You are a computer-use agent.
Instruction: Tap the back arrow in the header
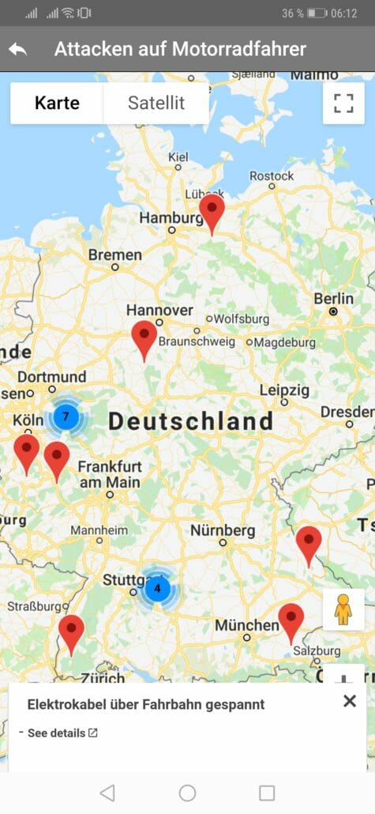pos(17,49)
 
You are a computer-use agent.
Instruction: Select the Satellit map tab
pos(156,104)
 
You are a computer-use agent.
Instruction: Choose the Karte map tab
pos(57,104)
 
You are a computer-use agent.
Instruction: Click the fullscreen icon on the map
pos(343,104)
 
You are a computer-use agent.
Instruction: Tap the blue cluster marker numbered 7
pos(66,416)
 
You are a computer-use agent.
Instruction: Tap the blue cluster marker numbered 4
pos(157,588)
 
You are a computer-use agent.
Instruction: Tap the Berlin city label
pos(334,299)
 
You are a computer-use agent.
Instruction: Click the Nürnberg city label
pos(223,529)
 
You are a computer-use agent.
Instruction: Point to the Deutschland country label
pos(190,421)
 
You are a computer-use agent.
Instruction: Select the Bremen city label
pos(115,255)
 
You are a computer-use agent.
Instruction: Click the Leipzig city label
pos(284,390)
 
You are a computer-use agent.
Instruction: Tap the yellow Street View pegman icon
pos(343,609)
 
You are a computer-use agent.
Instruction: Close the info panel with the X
pos(350,700)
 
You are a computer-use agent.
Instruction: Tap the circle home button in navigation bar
pos(187,793)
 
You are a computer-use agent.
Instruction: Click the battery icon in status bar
pos(317,13)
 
